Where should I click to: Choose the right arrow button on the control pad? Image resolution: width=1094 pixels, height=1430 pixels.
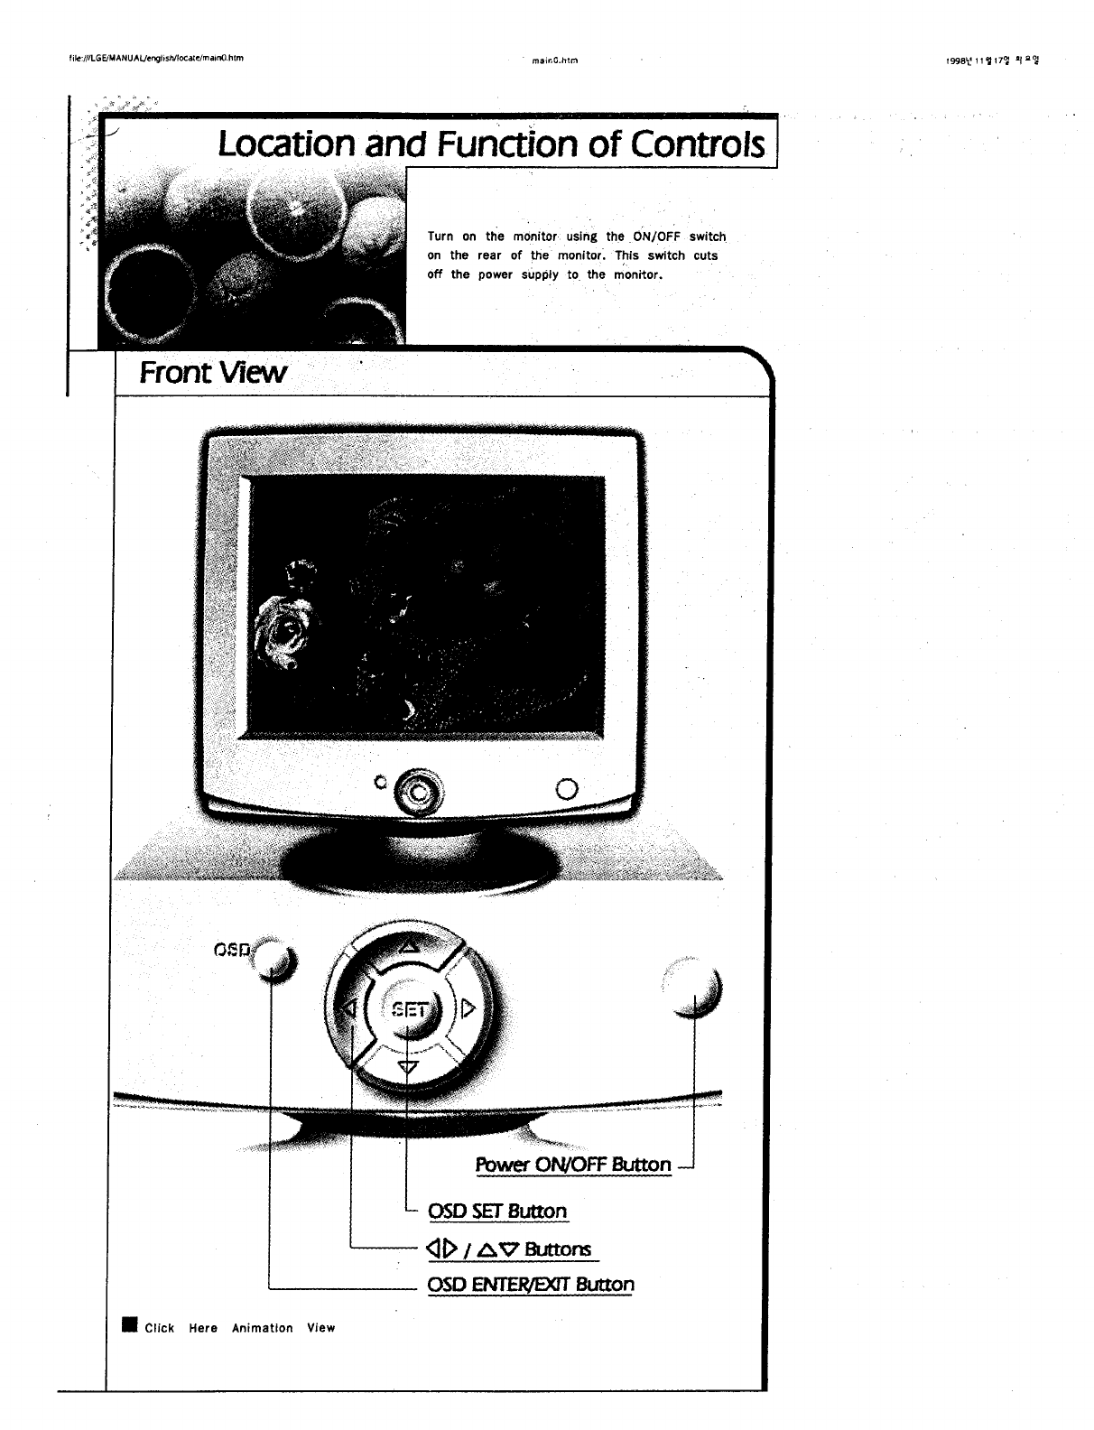tap(468, 1008)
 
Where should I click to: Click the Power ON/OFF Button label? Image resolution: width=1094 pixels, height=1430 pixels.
tap(573, 1165)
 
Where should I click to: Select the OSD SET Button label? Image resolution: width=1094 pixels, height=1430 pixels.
tap(497, 1212)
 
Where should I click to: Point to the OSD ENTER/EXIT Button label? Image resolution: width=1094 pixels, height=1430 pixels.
tap(531, 1284)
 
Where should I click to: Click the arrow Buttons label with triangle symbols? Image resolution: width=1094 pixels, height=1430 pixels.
tap(510, 1249)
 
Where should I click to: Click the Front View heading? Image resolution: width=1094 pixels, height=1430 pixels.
tap(213, 372)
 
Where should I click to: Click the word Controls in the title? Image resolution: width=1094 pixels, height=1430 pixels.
tap(698, 144)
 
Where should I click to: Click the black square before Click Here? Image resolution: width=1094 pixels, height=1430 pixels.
tap(130, 1325)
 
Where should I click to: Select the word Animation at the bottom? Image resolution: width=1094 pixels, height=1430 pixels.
tap(263, 1328)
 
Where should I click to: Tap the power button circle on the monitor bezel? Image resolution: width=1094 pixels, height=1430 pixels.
tap(567, 788)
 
